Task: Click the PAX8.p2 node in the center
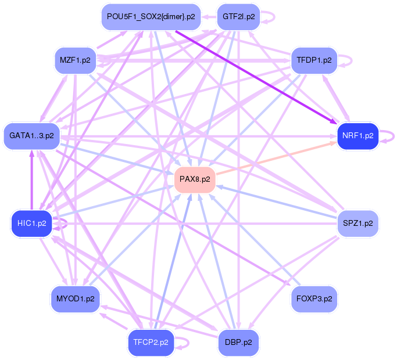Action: click(195, 179)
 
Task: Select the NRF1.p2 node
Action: click(357, 136)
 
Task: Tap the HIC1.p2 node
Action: click(31, 223)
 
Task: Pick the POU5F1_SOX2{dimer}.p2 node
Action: click(151, 17)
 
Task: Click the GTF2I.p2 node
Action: click(238, 17)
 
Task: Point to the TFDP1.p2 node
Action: click(314, 60)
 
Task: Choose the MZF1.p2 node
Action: click(75, 60)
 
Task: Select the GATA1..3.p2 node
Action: click(31, 136)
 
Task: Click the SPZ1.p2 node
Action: click(357, 223)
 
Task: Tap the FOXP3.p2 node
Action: click(314, 299)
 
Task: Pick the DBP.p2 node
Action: click(238, 342)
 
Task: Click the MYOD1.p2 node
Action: click(75, 299)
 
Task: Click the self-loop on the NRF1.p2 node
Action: click(391, 136)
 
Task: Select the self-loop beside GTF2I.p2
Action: click(271, 17)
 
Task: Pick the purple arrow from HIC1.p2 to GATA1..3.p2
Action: click(31, 180)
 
